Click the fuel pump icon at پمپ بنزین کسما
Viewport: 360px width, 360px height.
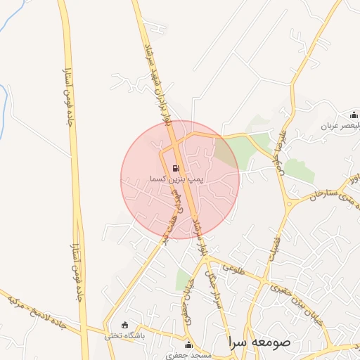175,169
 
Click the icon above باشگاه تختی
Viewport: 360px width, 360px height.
125,325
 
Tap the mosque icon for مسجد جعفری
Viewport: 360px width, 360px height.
188,345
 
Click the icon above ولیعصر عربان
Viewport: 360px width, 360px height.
354,115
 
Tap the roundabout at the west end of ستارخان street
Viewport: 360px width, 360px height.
291,205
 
